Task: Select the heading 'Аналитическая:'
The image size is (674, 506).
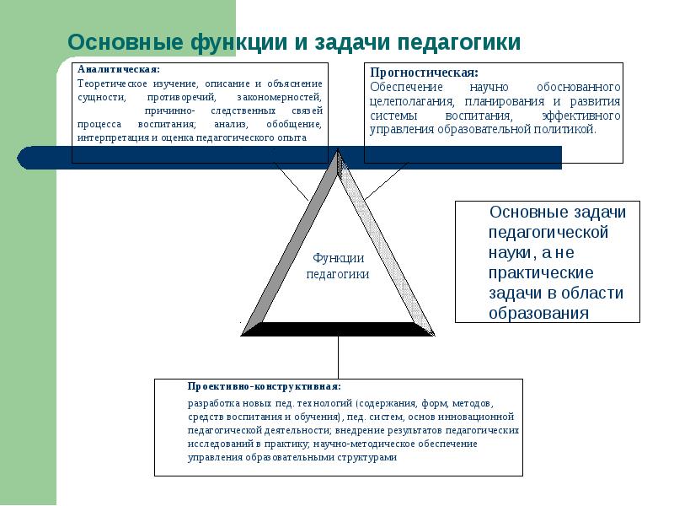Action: [118, 69]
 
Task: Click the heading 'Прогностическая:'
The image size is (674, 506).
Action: [425, 73]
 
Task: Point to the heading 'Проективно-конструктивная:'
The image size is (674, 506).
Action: [264, 386]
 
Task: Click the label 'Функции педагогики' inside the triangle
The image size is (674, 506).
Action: [337, 266]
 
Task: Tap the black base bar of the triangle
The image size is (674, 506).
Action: [337, 329]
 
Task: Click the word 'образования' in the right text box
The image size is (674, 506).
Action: [538, 312]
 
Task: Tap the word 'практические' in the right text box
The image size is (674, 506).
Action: [541, 273]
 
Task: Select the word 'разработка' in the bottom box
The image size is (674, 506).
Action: [212, 403]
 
